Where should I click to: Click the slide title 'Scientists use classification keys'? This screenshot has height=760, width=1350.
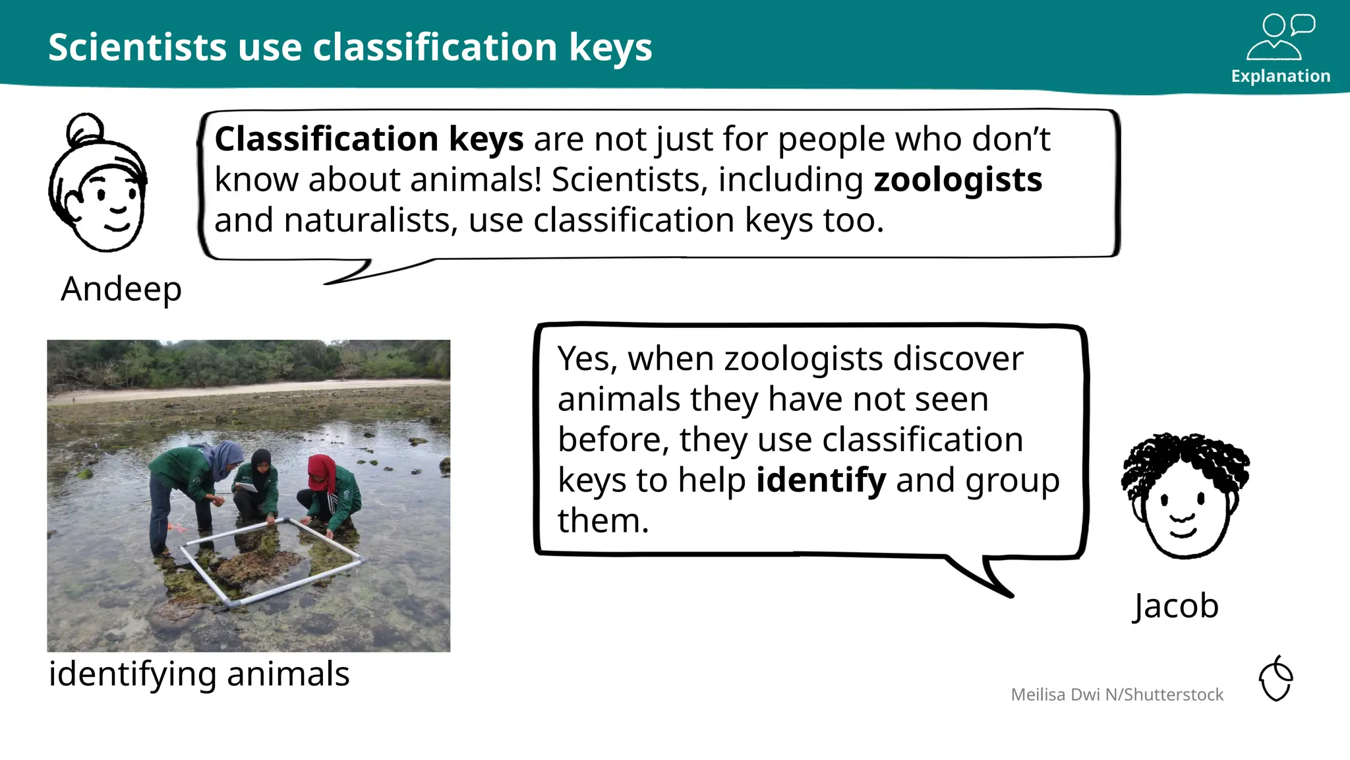(350, 47)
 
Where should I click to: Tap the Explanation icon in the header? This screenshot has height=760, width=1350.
(1279, 37)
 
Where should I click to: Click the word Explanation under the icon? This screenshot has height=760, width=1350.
(1280, 76)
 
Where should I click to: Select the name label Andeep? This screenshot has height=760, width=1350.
(121, 289)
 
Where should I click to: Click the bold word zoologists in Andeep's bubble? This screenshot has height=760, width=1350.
(958, 180)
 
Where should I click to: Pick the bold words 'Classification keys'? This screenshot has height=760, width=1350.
(369, 139)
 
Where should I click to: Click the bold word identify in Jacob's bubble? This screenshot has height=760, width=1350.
(821, 480)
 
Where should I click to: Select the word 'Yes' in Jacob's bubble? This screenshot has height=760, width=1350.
(587, 360)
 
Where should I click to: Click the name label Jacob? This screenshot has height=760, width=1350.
(1176, 606)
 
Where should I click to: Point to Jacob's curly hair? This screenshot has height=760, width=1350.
(1185, 459)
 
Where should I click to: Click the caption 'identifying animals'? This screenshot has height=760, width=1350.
(199, 674)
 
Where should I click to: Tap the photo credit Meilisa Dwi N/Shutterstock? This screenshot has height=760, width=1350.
(1117, 695)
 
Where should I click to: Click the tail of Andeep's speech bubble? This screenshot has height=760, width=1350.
(356, 272)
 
